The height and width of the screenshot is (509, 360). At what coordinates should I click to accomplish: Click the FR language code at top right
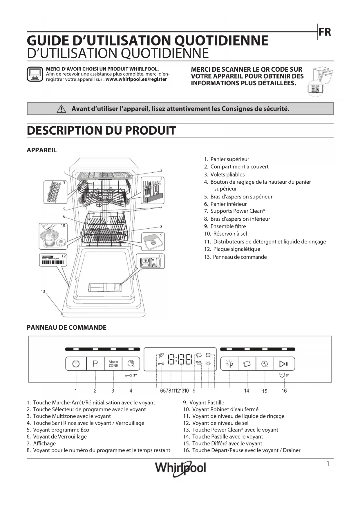pos(325,32)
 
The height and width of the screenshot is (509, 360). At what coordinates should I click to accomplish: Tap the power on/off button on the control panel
pos(76,364)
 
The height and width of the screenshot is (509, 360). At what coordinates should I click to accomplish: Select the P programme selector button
pos(95,364)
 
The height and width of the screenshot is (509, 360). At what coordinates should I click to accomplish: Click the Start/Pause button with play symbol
pos(283,364)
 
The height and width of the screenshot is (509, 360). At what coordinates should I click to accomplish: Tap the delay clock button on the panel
pos(265,364)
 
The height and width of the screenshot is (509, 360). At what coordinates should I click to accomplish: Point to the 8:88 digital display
pos(180,360)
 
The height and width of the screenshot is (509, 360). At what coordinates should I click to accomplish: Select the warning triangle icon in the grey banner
pos(61,109)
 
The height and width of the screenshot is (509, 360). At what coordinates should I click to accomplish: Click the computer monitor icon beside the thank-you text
pos(35,74)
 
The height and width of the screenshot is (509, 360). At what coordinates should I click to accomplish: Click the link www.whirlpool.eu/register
pos(136,80)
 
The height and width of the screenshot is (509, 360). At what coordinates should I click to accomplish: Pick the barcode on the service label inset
pos(53,263)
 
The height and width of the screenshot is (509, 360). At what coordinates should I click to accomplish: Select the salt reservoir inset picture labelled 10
pos(53,236)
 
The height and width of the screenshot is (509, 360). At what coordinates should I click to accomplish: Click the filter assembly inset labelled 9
pos(153,241)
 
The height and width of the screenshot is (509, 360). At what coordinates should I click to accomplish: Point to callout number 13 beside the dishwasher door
pos(43,291)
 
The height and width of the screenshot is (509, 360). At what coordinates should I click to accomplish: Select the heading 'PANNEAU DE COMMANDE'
pos(66,328)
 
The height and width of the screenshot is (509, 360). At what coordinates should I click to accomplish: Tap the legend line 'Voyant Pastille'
pos(207,402)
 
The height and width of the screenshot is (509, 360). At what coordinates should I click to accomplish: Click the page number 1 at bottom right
pos(328,464)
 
